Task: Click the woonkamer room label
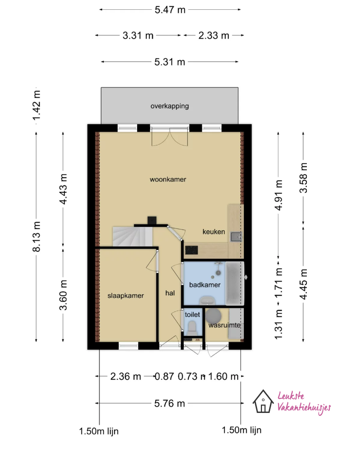tap(168, 180)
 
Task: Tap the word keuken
tap(214, 231)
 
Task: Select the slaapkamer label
tap(126, 295)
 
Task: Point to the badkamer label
tap(205, 285)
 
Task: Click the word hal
tap(170, 293)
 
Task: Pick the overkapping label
tap(170, 106)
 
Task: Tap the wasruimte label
tap(224, 325)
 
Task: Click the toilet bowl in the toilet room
tap(192, 328)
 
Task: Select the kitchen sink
tap(236, 237)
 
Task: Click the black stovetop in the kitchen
tap(192, 250)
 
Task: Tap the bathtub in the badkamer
tap(235, 283)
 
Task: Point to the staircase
tap(132, 236)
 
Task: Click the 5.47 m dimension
tap(170, 10)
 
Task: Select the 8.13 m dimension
tap(37, 237)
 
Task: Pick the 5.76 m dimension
tap(170, 403)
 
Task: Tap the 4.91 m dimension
tap(279, 195)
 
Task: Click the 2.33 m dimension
tap(214, 35)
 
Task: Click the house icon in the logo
tap(263, 401)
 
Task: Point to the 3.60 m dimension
tap(63, 295)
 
